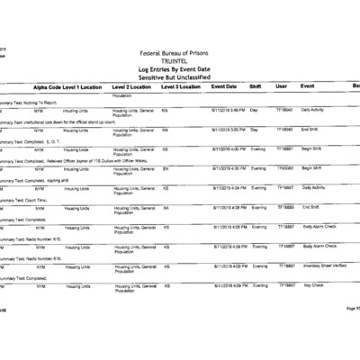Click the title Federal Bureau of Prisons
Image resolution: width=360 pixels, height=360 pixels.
tap(179, 55)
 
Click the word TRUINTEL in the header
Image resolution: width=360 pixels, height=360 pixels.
tap(180, 62)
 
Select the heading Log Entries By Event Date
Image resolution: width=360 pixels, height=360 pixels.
tap(179, 69)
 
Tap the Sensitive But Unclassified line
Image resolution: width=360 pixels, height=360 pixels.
tap(179, 76)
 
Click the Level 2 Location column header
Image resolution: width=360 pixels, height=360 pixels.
tap(133, 86)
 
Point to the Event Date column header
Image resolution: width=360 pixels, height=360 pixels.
tap(224, 86)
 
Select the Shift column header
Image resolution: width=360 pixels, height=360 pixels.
tap(255, 86)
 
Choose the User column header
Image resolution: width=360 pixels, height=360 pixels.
tap(281, 86)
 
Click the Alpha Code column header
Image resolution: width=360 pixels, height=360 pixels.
tap(49, 86)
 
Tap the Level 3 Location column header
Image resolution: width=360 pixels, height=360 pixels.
tap(182, 86)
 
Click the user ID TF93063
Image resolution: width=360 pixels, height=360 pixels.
tap(284, 168)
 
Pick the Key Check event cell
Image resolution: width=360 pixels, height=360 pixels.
tap(312, 285)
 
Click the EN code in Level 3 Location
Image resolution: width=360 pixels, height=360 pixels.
tap(166, 168)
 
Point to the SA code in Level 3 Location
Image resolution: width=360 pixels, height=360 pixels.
tap(166, 207)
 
